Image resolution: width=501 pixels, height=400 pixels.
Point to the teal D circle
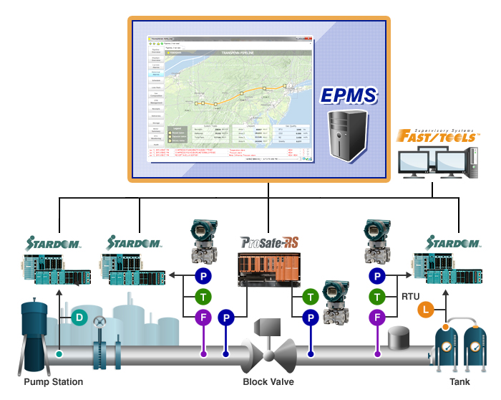[80, 317]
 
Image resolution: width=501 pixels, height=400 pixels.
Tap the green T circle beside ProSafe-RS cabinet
[310, 295]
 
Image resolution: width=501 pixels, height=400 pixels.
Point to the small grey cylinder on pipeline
[399, 337]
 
